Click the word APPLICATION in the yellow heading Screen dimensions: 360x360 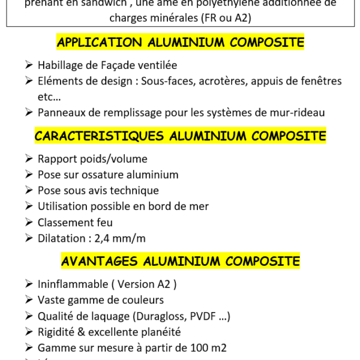pyautogui.click(x=98, y=43)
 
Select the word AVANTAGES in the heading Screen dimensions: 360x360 pyautogui.click(x=99, y=261)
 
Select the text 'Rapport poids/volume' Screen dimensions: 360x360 pyautogui.click(x=92, y=159)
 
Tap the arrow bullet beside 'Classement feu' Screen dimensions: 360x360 pyautogui.click(x=29, y=222)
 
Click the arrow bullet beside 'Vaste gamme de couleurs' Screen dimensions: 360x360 pyautogui.click(x=29, y=300)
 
